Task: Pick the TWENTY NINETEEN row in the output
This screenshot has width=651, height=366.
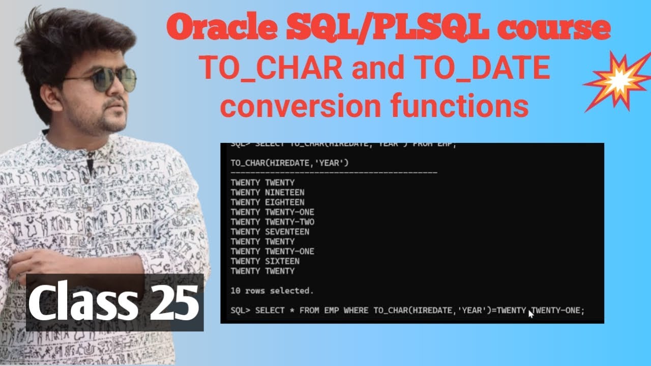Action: [x=267, y=192]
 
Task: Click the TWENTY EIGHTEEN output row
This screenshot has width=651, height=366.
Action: [x=267, y=202]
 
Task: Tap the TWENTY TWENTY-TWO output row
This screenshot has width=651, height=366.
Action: [x=272, y=222]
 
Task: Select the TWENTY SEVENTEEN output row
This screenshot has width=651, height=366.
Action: [x=270, y=232]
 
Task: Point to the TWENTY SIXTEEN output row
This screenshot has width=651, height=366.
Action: [x=264, y=261]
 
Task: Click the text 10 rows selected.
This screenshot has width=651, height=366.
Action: [x=272, y=291]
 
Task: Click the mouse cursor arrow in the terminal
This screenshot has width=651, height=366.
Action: [x=531, y=314]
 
